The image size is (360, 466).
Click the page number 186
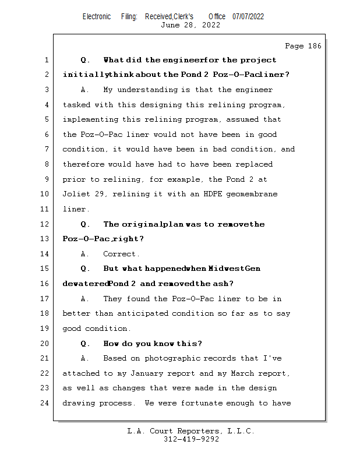(x=315, y=46)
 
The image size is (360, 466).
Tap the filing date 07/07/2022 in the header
(x=248, y=17)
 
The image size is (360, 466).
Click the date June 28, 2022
(x=190, y=25)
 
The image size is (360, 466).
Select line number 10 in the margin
(x=45, y=194)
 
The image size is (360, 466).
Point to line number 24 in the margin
(x=45, y=403)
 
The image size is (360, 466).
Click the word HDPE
(x=213, y=194)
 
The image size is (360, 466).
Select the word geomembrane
(x=252, y=194)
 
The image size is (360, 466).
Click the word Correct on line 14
(x=119, y=254)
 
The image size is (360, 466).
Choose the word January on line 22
(x=147, y=373)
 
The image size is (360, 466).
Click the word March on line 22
(x=242, y=373)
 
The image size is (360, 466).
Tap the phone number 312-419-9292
(x=191, y=439)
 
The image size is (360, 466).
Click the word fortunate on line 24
(x=201, y=403)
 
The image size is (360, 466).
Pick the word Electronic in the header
(x=97, y=17)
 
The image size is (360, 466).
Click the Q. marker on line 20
(x=85, y=344)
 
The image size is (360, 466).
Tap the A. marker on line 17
(x=84, y=299)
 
